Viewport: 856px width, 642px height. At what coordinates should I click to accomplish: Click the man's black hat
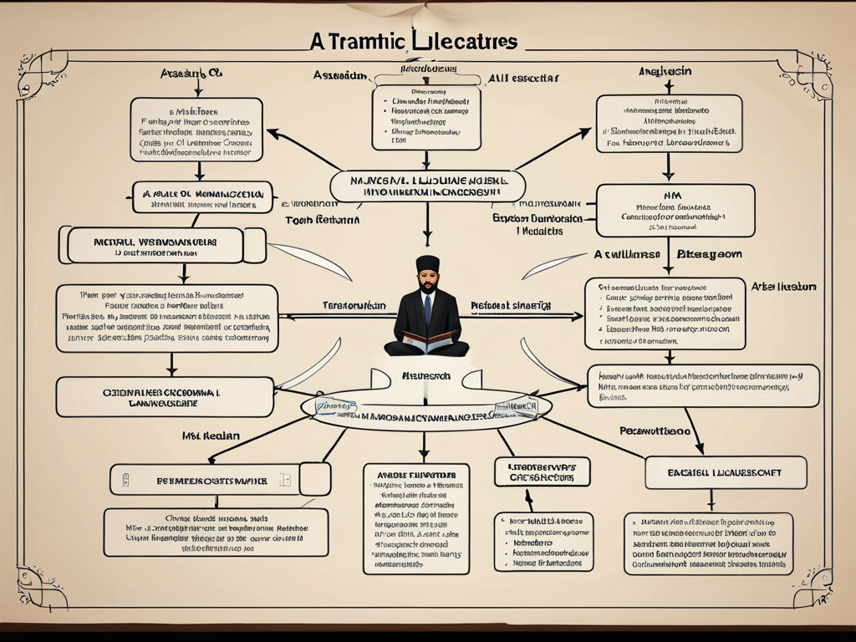(x=428, y=263)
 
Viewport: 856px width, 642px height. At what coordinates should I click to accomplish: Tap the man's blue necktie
(x=428, y=308)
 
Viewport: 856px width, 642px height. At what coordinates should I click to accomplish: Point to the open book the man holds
(x=428, y=338)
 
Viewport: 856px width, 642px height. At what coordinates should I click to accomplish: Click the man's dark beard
(x=428, y=287)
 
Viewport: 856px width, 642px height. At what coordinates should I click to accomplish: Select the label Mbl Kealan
(x=211, y=436)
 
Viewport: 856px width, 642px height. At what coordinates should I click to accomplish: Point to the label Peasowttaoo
(x=655, y=431)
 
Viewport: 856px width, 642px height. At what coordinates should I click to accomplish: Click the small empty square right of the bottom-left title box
(x=314, y=479)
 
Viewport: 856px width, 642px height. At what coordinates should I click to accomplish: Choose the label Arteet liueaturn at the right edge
(x=783, y=287)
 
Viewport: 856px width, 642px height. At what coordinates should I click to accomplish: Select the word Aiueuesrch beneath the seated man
(x=428, y=376)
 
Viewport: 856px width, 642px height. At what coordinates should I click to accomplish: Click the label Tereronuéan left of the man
(x=354, y=306)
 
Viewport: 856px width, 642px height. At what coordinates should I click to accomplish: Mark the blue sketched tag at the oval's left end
(x=334, y=405)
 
